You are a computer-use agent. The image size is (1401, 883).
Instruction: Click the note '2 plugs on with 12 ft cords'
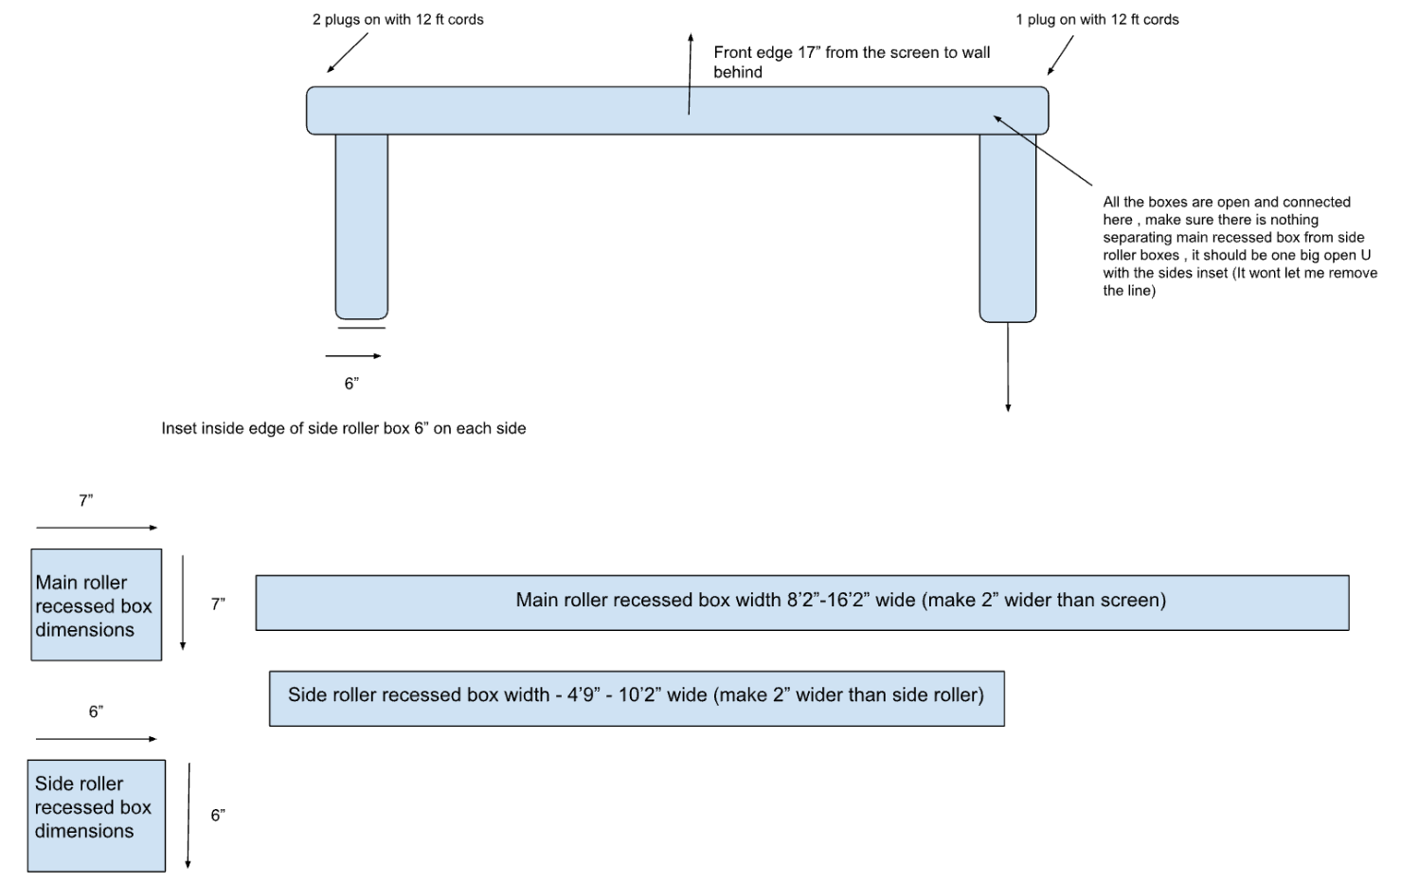point(398,19)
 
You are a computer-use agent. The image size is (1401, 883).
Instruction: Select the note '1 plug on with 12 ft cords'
point(1097,19)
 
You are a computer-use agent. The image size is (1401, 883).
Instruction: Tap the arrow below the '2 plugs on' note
point(347,53)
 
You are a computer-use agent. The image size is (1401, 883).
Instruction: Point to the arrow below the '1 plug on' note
point(1061,55)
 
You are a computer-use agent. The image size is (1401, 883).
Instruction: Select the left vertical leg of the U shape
point(362,225)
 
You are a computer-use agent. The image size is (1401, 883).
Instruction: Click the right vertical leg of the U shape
point(1008,227)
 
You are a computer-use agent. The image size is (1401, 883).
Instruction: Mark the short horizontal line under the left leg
point(362,329)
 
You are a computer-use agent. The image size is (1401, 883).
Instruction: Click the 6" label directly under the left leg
point(351,384)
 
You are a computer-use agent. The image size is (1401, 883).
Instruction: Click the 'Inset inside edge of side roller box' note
point(343,428)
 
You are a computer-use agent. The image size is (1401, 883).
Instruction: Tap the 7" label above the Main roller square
point(86,500)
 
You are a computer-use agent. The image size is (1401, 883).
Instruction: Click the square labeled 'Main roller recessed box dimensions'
point(97,604)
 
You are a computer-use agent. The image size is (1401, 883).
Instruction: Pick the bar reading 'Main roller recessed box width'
point(801,602)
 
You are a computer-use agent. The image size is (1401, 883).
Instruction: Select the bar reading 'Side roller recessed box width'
point(637,698)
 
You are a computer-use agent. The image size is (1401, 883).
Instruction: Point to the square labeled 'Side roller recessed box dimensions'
point(97,815)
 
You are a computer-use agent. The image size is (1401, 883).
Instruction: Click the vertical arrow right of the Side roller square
point(189,815)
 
